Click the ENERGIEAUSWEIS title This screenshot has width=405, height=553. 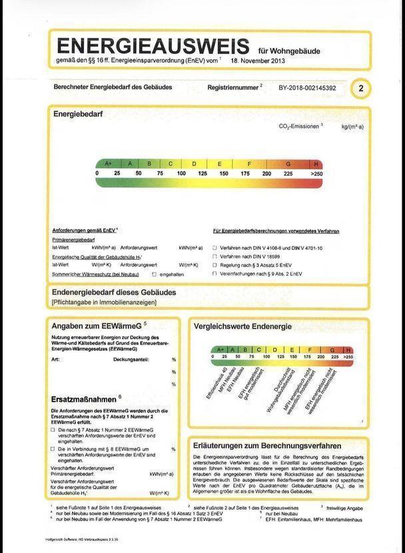[153, 46]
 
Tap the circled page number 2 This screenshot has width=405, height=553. [360, 88]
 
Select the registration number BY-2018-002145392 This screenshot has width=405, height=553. [307, 88]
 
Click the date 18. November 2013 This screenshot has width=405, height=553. [258, 60]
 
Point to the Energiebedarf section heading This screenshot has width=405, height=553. [78, 114]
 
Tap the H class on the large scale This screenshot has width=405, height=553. [316, 163]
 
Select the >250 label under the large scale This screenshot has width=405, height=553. [316, 173]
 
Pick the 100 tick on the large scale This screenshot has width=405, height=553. [181, 173]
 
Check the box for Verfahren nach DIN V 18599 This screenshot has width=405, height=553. [214, 256]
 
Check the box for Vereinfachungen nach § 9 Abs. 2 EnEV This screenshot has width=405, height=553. [214, 273]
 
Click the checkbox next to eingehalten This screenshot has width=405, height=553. [155, 274]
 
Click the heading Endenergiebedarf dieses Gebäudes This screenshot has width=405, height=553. [114, 292]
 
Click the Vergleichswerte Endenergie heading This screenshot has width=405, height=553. [242, 326]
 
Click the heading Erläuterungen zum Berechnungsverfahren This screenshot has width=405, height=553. [266, 445]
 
